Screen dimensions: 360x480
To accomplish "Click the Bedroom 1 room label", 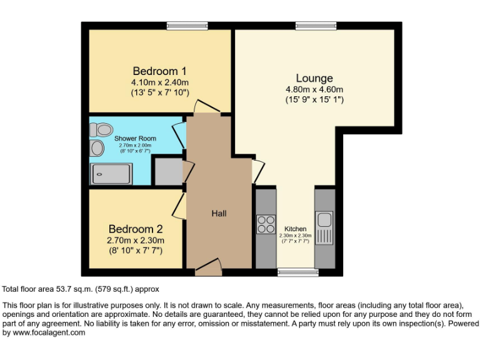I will coord(159,71).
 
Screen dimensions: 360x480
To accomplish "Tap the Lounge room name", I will coord(314,78).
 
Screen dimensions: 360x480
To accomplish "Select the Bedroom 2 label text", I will coord(136,229).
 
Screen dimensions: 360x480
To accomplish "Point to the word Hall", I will coord(219,213).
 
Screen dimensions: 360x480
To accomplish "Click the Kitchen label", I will coord(295,229).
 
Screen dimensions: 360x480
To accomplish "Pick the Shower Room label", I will coord(135,138).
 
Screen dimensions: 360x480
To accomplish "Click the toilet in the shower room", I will coord(100,129).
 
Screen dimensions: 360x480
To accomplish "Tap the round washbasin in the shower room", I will coord(97,148).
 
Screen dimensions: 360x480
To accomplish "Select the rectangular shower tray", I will coord(112,173).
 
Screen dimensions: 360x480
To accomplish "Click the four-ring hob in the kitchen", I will coord(266,224).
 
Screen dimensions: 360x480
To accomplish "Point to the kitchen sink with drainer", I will coord(324,228).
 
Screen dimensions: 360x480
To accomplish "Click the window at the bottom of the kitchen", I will coord(297,272).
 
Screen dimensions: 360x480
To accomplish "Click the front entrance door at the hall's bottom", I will coord(208,269).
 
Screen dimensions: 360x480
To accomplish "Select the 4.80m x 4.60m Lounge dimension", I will coord(314,89).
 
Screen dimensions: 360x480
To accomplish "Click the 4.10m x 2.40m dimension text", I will coord(159,82).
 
